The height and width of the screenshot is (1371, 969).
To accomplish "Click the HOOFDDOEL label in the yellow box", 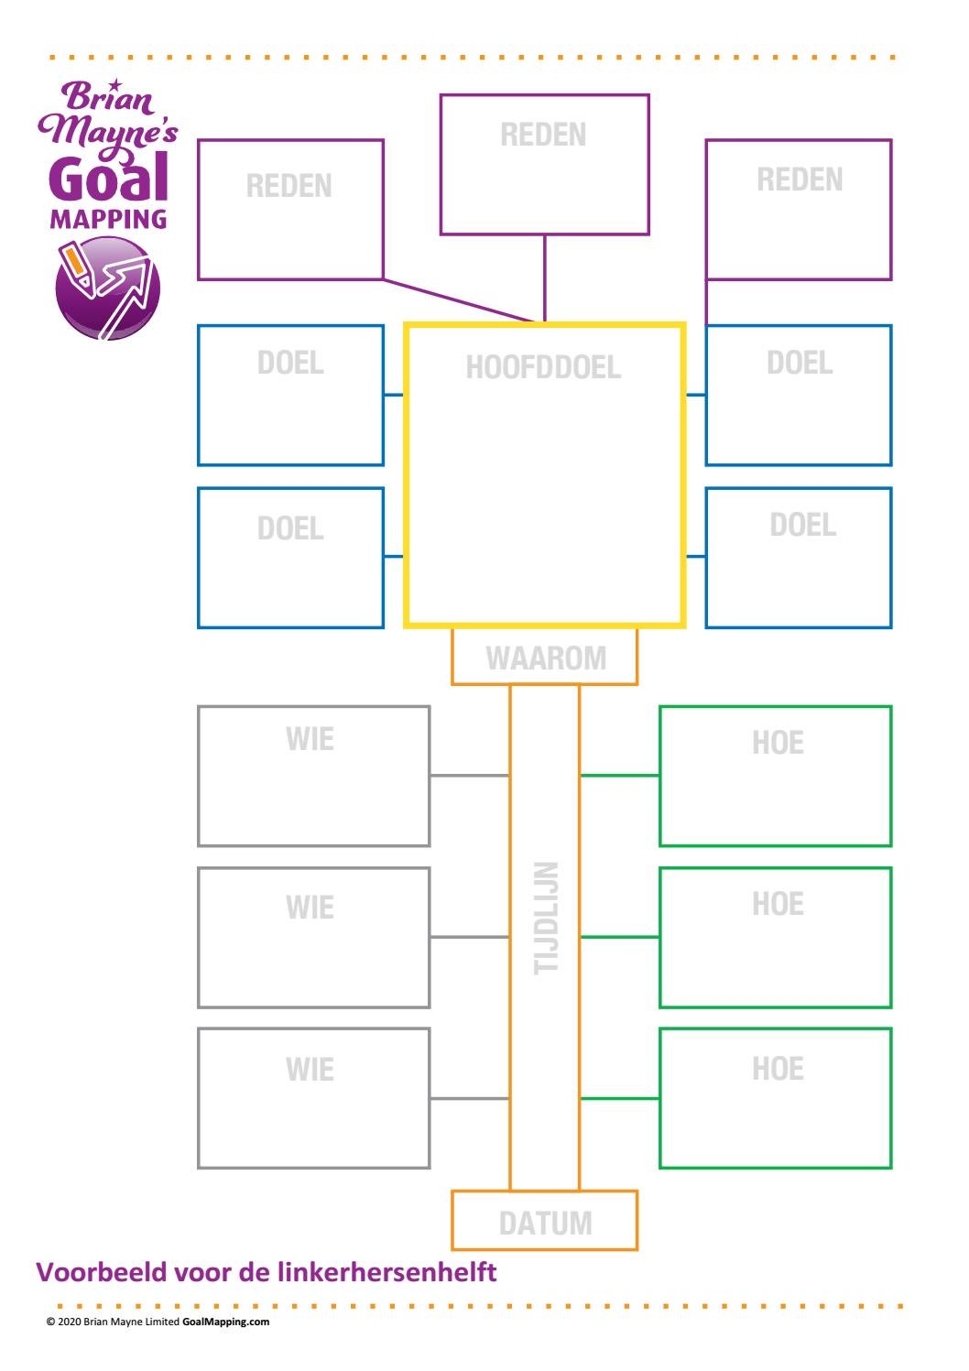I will pyautogui.click(x=543, y=367).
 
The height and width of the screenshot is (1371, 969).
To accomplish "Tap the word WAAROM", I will pyautogui.click(x=545, y=658).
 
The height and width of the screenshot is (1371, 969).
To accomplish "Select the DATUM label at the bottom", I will pyautogui.click(x=545, y=1224).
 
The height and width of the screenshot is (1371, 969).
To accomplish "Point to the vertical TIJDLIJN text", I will pyautogui.click(x=546, y=918).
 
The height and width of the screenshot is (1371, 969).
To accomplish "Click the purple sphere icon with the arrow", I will pyautogui.click(x=107, y=288).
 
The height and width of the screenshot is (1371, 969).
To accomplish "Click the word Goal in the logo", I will pyautogui.click(x=109, y=179).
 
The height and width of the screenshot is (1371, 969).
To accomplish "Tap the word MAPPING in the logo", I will pyautogui.click(x=108, y=220).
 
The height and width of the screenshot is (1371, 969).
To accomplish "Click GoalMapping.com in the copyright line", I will pyautogui.click(x=225, y=1322).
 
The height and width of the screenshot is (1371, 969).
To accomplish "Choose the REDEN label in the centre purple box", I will pyautogui.click(x=543, y=136).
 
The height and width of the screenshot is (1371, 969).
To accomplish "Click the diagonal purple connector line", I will pyautogui.click(x=458, y=300).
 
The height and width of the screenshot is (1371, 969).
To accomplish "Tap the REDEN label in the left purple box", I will pyautogui.click(x=289, y=187).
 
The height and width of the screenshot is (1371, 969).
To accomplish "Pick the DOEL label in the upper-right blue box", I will pyautogui.click(x=800, y=364).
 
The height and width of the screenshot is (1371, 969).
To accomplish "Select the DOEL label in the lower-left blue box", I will pyautogui.click(x=290, y=529).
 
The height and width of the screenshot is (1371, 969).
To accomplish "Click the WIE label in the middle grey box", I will pyautogui.click(x=310, y=908).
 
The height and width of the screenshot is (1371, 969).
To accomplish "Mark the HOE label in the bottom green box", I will pyautogui.click(x=778, y=1069).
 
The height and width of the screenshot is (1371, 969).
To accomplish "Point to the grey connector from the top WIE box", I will pyautogui.click(x=469, y=776).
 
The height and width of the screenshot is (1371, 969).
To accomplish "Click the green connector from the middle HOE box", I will pyautogui.click(x=619, y=937).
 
